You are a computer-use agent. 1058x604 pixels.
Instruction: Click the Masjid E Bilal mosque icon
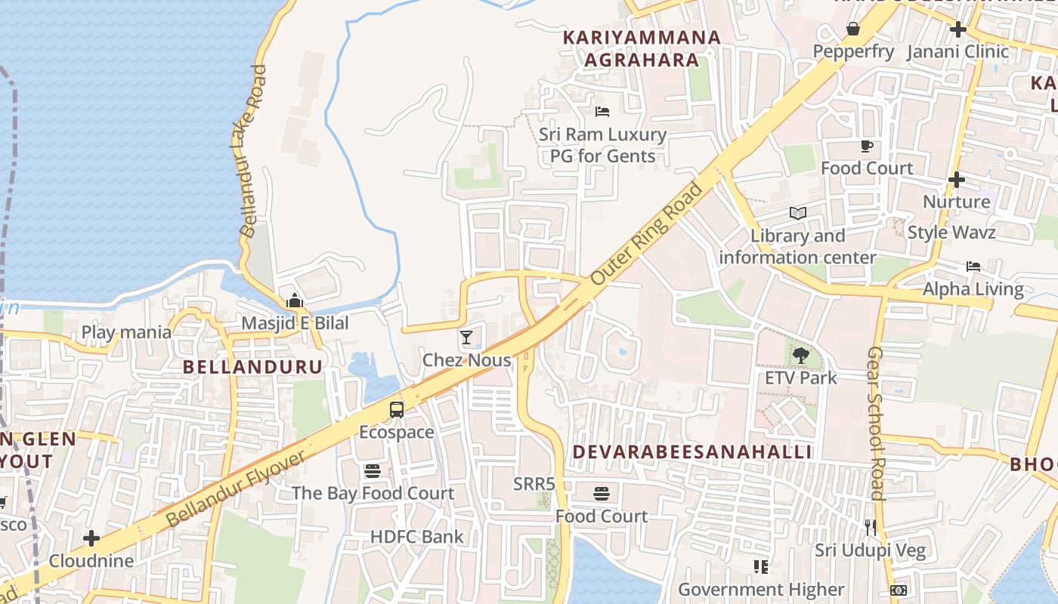coord(295,301)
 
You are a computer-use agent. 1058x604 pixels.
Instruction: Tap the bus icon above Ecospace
coord(397,410)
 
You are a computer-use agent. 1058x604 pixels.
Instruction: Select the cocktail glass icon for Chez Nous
coord(466,337)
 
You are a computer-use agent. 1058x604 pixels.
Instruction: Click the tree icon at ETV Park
coord(800,355)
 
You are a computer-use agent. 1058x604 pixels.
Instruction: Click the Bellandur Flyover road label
coord(236,488)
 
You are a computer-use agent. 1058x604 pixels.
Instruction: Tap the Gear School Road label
coord(875,423)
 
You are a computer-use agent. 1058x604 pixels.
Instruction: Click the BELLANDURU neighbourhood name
coord(253,367)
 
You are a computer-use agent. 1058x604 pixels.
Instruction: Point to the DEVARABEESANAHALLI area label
coord(691,451)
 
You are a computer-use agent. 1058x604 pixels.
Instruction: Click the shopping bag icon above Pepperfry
coord(853,29)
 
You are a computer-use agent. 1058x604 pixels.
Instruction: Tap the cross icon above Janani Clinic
coord(958,29)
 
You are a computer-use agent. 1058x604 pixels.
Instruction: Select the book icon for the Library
coord(798,213)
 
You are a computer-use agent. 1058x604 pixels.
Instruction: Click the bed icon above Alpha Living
coord(973,267)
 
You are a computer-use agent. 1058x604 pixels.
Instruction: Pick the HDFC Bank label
coord(416,537)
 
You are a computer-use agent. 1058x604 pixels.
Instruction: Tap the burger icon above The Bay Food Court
coord(373,471)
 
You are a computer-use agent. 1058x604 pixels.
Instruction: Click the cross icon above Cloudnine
coord(91,538)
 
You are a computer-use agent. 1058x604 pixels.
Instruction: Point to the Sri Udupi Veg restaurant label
coord(870,550)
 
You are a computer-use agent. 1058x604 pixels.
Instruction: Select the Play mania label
coord(126,331)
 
